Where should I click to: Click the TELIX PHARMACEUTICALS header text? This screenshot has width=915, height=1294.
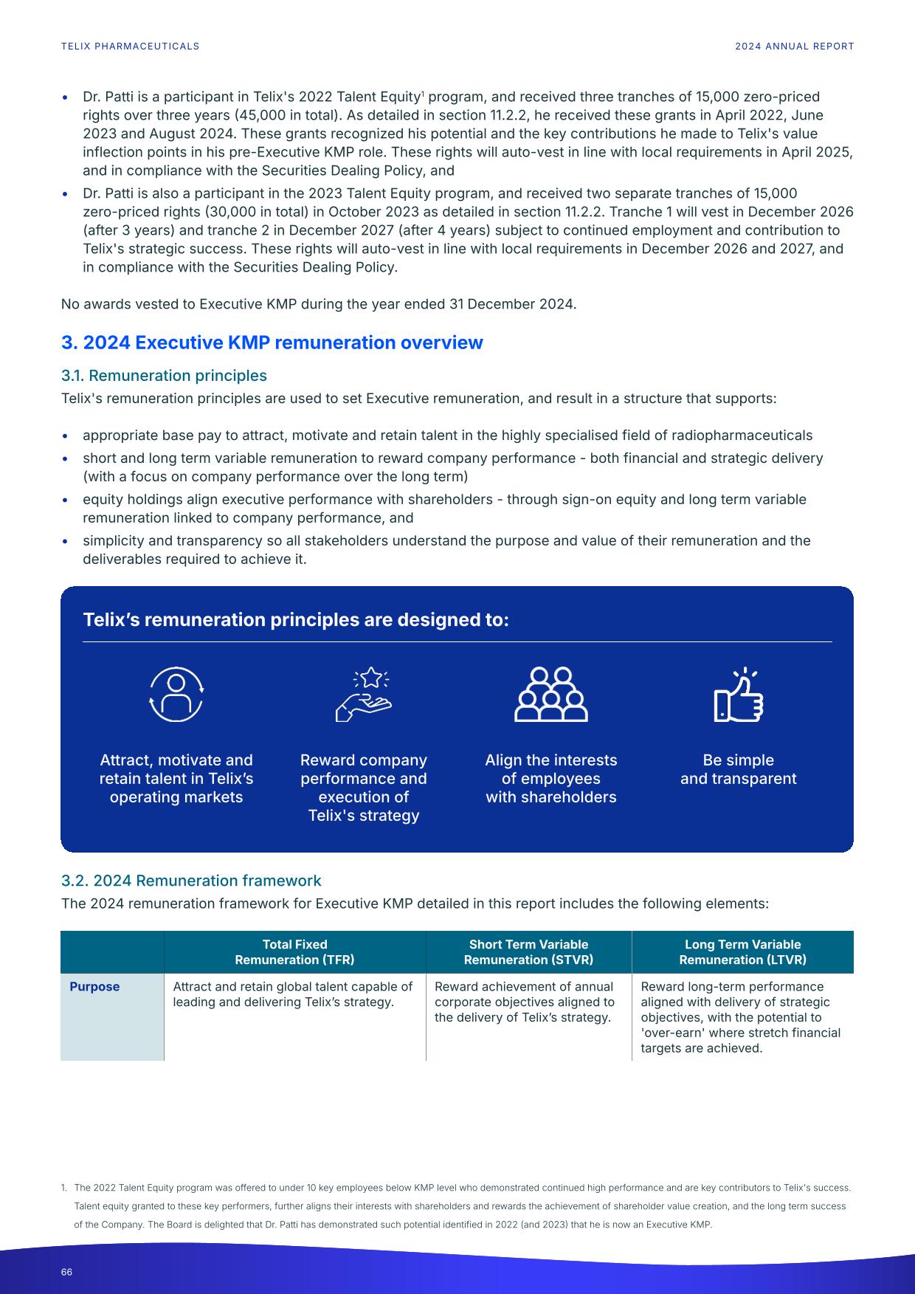130,46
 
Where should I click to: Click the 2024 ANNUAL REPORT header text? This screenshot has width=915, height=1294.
794,46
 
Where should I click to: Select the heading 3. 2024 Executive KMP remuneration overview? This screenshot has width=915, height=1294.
272,343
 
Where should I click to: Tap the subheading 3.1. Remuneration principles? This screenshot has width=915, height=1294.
164,376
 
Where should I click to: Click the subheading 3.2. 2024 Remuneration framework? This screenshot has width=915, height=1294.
191,881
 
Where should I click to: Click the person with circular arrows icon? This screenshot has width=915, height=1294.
176,695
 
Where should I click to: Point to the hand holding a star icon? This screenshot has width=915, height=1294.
363,695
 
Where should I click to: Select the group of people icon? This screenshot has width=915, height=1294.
550,695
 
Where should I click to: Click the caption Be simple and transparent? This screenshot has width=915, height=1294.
738,769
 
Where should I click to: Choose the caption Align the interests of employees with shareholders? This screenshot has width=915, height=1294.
550,779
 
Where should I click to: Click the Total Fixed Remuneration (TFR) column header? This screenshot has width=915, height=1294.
294,952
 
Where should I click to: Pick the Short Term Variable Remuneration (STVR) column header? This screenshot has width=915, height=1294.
528,952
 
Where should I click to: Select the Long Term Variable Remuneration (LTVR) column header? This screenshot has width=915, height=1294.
742,952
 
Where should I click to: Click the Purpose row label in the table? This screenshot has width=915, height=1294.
94,987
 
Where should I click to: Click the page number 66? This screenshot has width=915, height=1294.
66,1272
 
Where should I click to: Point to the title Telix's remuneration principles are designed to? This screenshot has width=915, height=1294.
296,619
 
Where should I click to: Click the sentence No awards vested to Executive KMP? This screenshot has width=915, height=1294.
318,304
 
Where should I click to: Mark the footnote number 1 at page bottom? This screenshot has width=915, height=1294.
63,1188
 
